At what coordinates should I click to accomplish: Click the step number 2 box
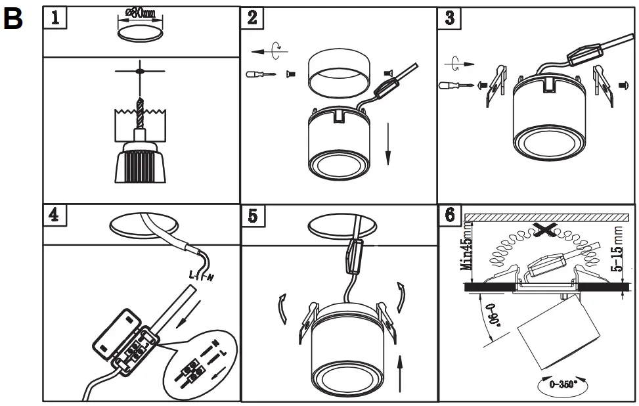pos(253,18)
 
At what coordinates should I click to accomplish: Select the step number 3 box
pos(449,18)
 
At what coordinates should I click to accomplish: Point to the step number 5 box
pos(253,215)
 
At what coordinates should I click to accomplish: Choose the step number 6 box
pos(449,215)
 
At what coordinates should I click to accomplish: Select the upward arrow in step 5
pos(400,371)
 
